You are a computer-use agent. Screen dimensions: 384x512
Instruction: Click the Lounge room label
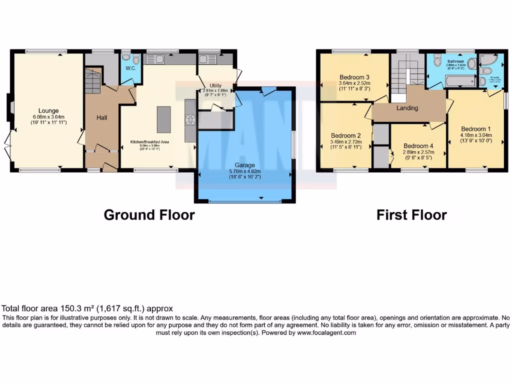[x=48, y=110]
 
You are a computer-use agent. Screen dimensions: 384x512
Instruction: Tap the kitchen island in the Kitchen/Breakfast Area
[x=163, y=119]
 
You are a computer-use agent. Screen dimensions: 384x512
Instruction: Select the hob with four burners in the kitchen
[x=190, y=120]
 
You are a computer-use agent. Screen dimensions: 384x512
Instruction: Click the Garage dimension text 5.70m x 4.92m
[x=245, y=171]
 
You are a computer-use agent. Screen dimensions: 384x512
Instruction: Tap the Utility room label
[x=215, y=85]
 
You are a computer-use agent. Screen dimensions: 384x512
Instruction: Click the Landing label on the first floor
[x=407, y=108]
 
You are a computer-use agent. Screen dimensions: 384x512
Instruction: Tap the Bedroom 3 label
[x=353, y=77]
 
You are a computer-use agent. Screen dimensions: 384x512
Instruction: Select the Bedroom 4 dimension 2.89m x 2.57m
[x=418, y=152]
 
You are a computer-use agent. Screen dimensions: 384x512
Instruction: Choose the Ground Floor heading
[x=149, y=215]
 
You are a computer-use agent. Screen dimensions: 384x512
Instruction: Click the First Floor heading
[x=411, y=215]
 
